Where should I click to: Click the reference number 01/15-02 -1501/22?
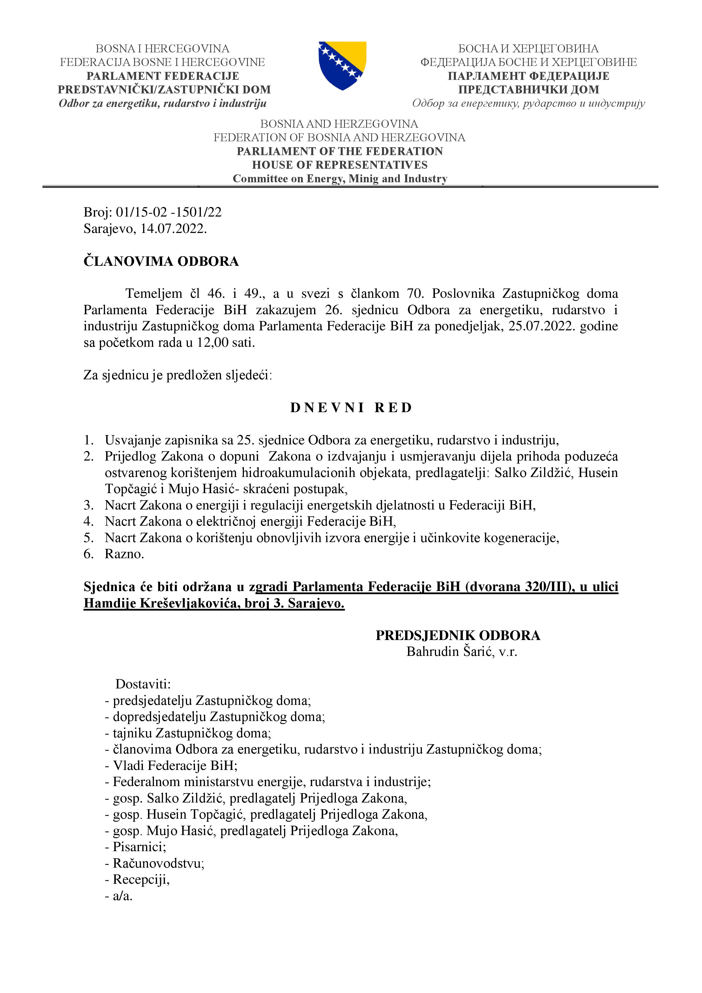click(169, 212)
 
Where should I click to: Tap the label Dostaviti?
click(143, 684)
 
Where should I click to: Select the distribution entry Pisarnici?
click(139, 847)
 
